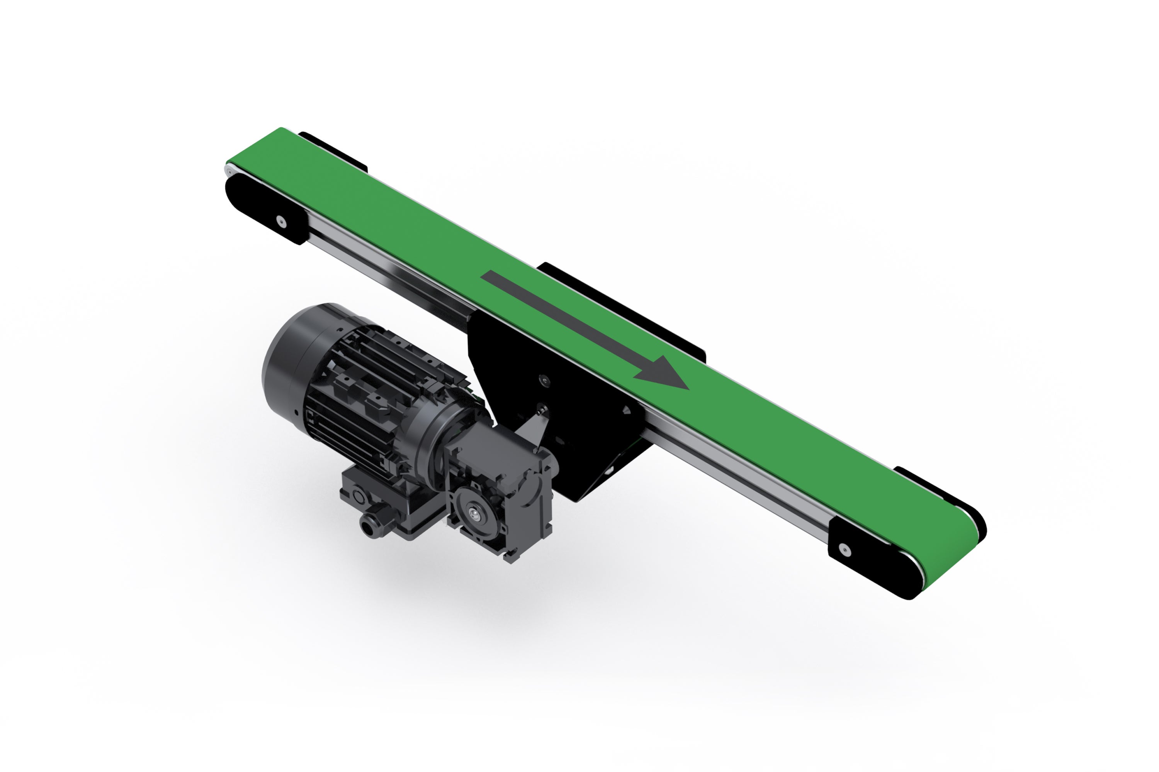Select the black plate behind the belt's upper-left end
coord(335,150)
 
